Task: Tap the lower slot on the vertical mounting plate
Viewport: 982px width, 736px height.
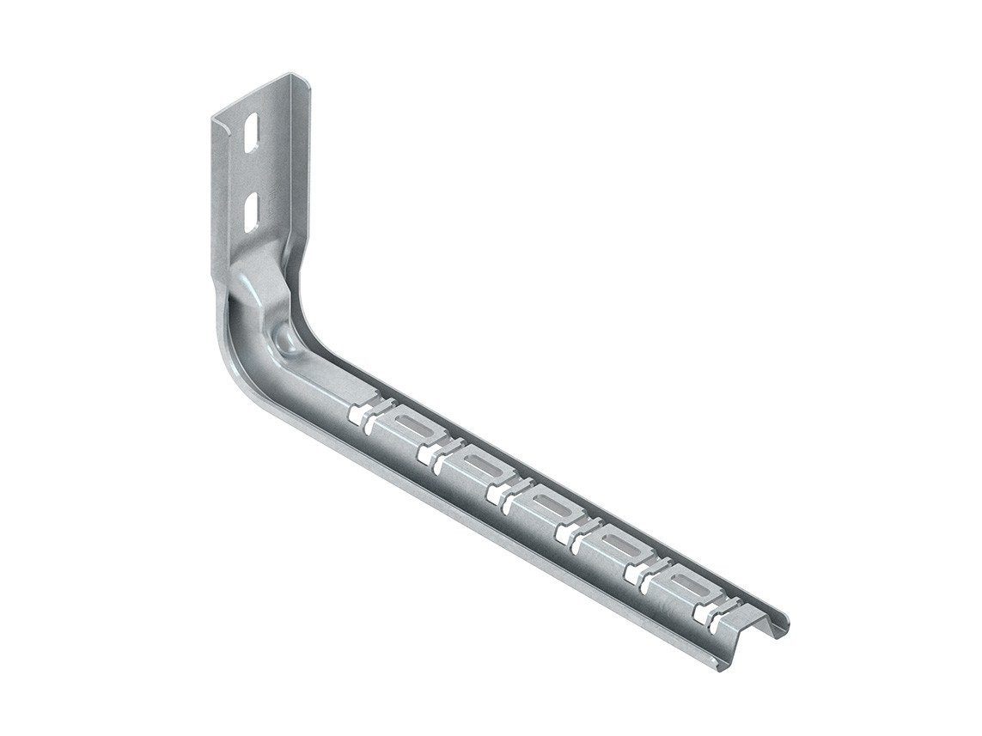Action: tap(251, 211)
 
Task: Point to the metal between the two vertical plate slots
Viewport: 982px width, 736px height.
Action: tap(251, 173)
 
